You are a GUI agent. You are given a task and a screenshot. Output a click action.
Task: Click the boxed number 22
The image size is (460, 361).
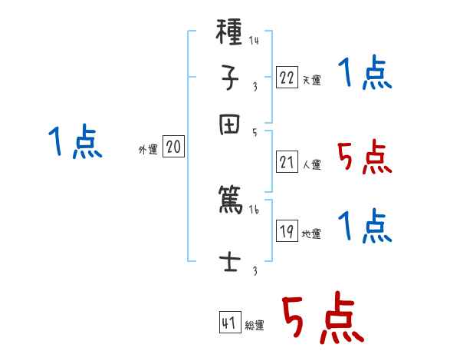coord(287,77)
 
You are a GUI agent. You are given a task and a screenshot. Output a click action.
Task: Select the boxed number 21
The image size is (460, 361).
coord(287,161)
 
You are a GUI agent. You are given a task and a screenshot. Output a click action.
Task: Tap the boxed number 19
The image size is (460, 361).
coord(287,231)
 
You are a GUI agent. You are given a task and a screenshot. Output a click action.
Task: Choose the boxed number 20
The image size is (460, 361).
coord(173,147)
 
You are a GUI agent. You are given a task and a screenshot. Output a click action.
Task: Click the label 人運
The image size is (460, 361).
coord(311,164)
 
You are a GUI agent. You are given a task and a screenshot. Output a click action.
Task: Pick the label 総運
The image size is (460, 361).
coord(255,325)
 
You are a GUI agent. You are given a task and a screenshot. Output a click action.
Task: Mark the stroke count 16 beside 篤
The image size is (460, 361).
coord(254,208)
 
